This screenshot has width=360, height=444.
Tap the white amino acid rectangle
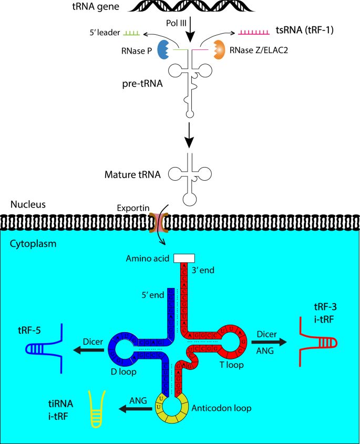184,257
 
